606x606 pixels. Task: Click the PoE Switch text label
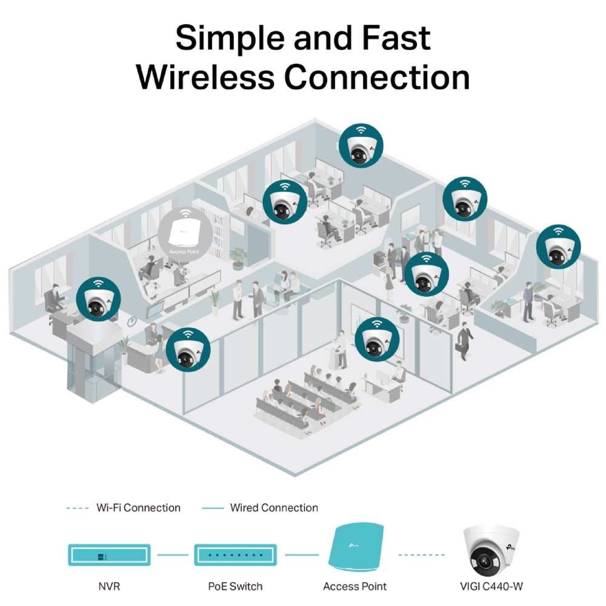(x=236, y=587)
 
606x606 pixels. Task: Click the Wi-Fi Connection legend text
(x=138, y=508)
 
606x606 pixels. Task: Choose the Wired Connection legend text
(x=274, y=508)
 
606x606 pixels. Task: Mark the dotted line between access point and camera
(x=421, y=554)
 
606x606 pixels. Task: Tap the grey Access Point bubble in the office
(x=185, y=233)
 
